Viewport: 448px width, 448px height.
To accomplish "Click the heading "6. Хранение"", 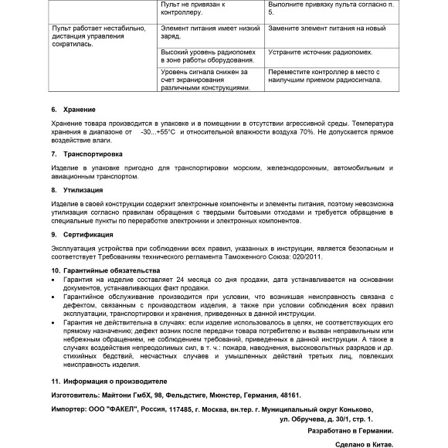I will pos(73,109).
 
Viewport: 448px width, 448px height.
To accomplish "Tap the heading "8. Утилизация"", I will pos(76,188).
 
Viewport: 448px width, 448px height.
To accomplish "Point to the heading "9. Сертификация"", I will pos(81,233).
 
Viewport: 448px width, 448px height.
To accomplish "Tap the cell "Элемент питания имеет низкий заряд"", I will pos(207,32).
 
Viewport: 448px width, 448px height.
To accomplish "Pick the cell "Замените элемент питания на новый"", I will pos(326,29).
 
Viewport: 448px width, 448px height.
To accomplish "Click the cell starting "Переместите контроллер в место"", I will pos(327,76).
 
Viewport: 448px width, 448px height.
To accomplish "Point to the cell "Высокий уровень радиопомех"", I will pos(207,56).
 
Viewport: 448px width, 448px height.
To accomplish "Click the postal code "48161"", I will pos(287,395).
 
